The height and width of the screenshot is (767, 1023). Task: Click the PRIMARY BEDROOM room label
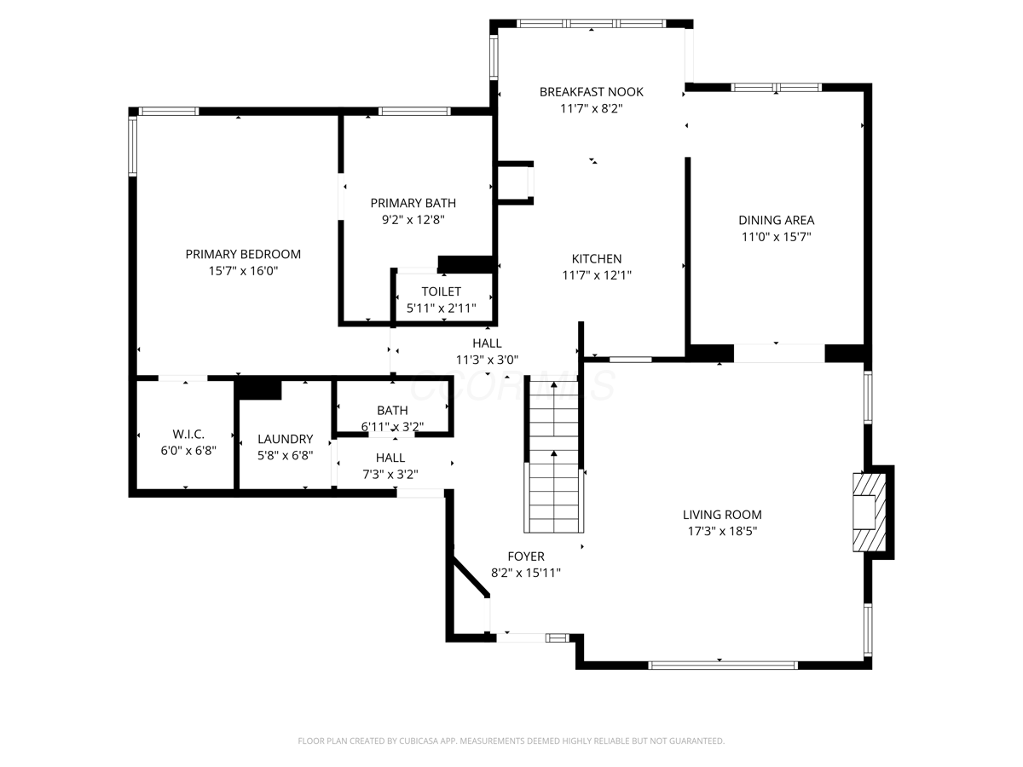point(243,254)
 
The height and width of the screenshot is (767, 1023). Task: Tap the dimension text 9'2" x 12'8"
point(413,220)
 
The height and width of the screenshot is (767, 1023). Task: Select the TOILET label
point(441,291)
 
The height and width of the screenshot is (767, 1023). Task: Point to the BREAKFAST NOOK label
point(591,92)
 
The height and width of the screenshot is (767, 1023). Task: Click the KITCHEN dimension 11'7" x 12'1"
point(597,275)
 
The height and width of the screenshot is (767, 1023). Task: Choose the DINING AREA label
point(776,220)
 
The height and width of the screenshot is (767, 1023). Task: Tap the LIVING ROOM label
point(722,515)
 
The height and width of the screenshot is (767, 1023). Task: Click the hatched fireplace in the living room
point(870,512)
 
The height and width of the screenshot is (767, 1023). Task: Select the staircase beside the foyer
point(553,457)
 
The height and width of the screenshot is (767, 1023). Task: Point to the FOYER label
point(526,556)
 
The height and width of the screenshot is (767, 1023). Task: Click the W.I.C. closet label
point(188,434)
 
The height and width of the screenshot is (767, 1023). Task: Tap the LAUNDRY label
point(285,439)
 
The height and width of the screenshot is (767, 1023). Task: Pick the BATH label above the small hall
point(392,410)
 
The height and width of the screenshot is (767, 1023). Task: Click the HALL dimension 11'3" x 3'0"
point(487,360)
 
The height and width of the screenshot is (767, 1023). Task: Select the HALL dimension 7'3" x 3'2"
point(390,475)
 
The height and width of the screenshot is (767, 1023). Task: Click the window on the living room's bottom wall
point(722,666)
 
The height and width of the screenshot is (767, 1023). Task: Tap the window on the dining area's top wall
point(776,87)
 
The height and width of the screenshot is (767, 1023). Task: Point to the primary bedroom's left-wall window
point(132,146)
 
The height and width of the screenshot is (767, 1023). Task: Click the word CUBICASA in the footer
point(419,741)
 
